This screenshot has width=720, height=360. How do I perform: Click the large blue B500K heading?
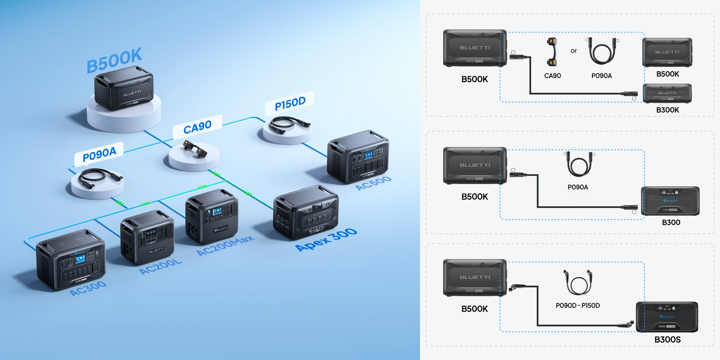(114, 61)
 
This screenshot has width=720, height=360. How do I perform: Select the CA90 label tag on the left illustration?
(198, 128)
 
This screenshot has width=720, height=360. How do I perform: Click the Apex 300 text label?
(326, 240)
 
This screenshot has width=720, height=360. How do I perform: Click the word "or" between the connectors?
(574, 51)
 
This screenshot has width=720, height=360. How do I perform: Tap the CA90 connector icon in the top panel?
(552, 52)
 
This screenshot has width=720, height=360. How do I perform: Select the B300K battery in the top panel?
(667, 94)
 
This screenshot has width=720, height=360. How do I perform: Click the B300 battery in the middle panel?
(670, 201)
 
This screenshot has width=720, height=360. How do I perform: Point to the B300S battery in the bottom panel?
(667, 317)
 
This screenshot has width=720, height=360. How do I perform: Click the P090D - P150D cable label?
(577, 305)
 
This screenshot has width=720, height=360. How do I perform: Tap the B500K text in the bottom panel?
(474, 309)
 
